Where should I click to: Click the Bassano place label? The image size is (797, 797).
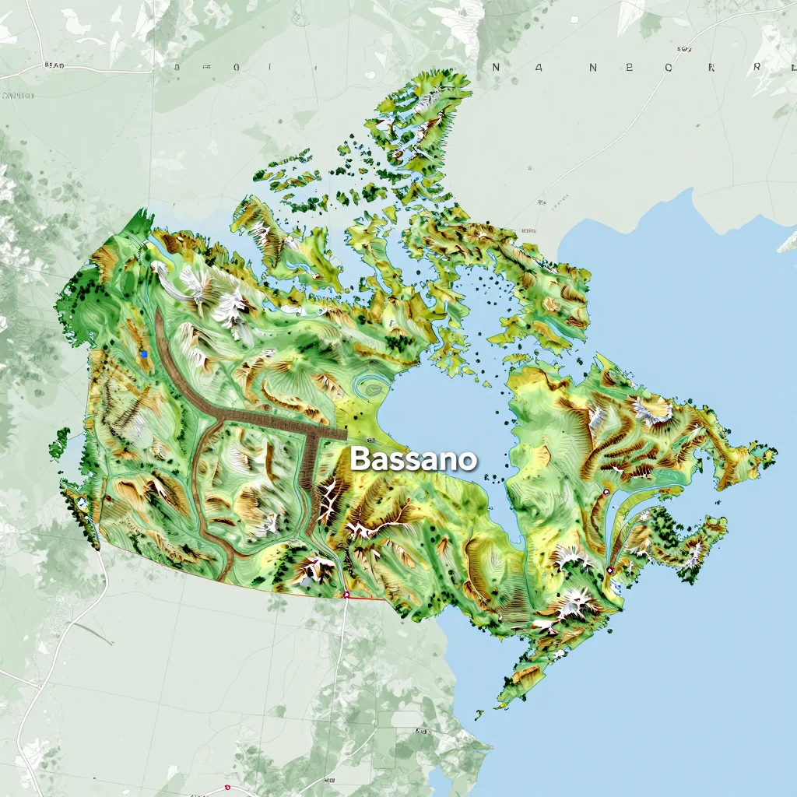(413, 459)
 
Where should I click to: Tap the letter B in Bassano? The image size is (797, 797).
(359, 459)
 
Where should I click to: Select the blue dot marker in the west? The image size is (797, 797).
(144, 354)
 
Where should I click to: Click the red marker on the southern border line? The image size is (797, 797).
(346, 595)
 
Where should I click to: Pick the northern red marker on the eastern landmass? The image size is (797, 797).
(606, 492)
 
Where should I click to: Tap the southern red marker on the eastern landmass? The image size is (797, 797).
(610, 570)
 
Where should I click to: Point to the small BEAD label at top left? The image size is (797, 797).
(55, 66)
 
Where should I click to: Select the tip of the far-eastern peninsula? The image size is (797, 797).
(774, 451)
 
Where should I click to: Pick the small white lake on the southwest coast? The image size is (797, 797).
(81, 503)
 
